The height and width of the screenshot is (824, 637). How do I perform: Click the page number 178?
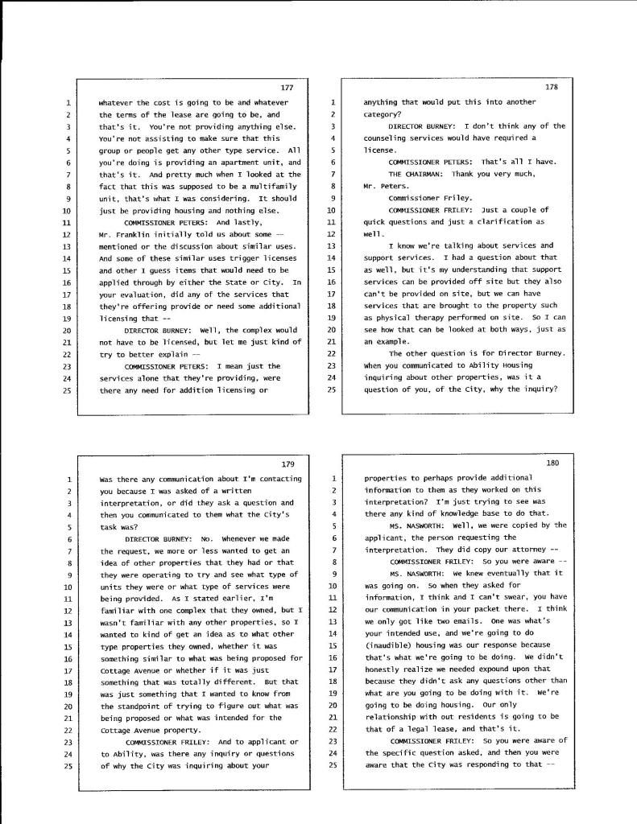[x=552, y=87]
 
